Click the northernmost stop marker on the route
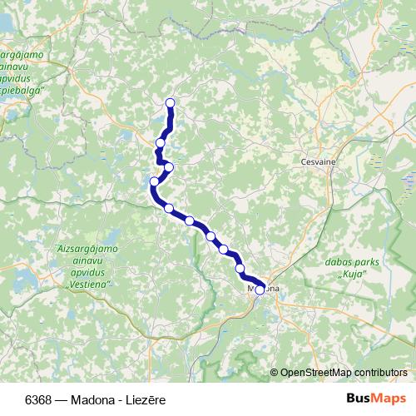(x=171, y=103)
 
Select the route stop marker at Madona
(x=260, y=290)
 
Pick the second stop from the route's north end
(x=161, y=143)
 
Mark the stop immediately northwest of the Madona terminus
(x=240, y=269)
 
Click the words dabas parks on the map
(x=349, y=261)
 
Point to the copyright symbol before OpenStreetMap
(x=275, y=373)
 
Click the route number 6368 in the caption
(x=36, y=399)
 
